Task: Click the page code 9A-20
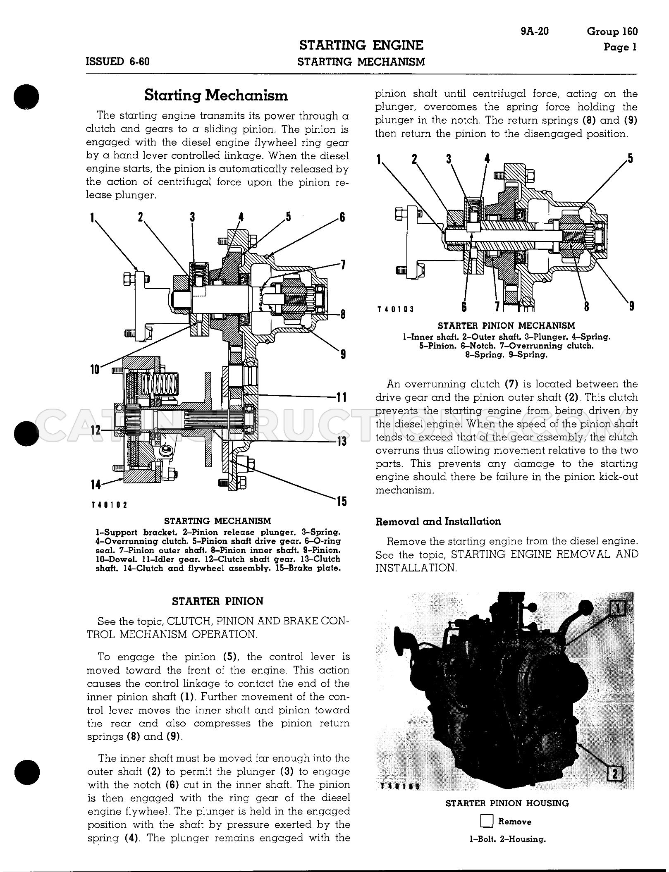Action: tap(535, 31)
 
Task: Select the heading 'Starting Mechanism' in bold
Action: tap(216, 96)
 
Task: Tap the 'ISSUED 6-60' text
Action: tap(118, 62)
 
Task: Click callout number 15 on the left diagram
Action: tap(341, 502)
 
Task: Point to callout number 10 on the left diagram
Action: tap(95, 369)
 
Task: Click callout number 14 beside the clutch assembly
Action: tap(96, 484)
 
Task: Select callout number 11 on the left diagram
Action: tap(341, 398)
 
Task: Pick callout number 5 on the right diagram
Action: tap(630, 159)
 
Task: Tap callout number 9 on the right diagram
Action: tap(631, 306)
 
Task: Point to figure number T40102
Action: tap(109, 505)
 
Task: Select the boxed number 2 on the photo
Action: tap(615, 772)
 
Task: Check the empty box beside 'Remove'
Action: tap(487, 822)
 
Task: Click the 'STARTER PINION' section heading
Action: tap(217, 601)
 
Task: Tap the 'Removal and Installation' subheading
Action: tap(438, 521)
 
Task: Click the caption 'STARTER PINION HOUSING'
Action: tap(507, 803)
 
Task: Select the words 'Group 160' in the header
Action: tap(612, 31)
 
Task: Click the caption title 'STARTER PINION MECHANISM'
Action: tap(507, 326)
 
